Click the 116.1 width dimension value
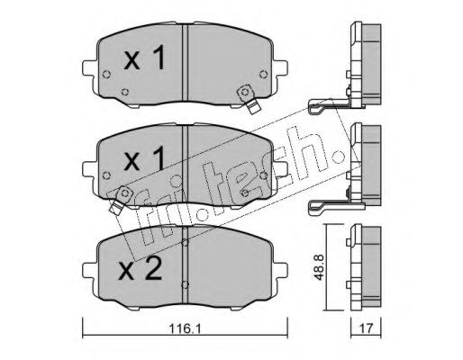185,328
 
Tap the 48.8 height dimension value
318,267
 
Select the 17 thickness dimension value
366,328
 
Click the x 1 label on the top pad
145,58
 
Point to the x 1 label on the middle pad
145,158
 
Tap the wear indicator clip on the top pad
249,100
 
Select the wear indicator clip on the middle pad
121,199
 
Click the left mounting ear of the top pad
89,68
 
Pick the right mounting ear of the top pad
280,68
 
